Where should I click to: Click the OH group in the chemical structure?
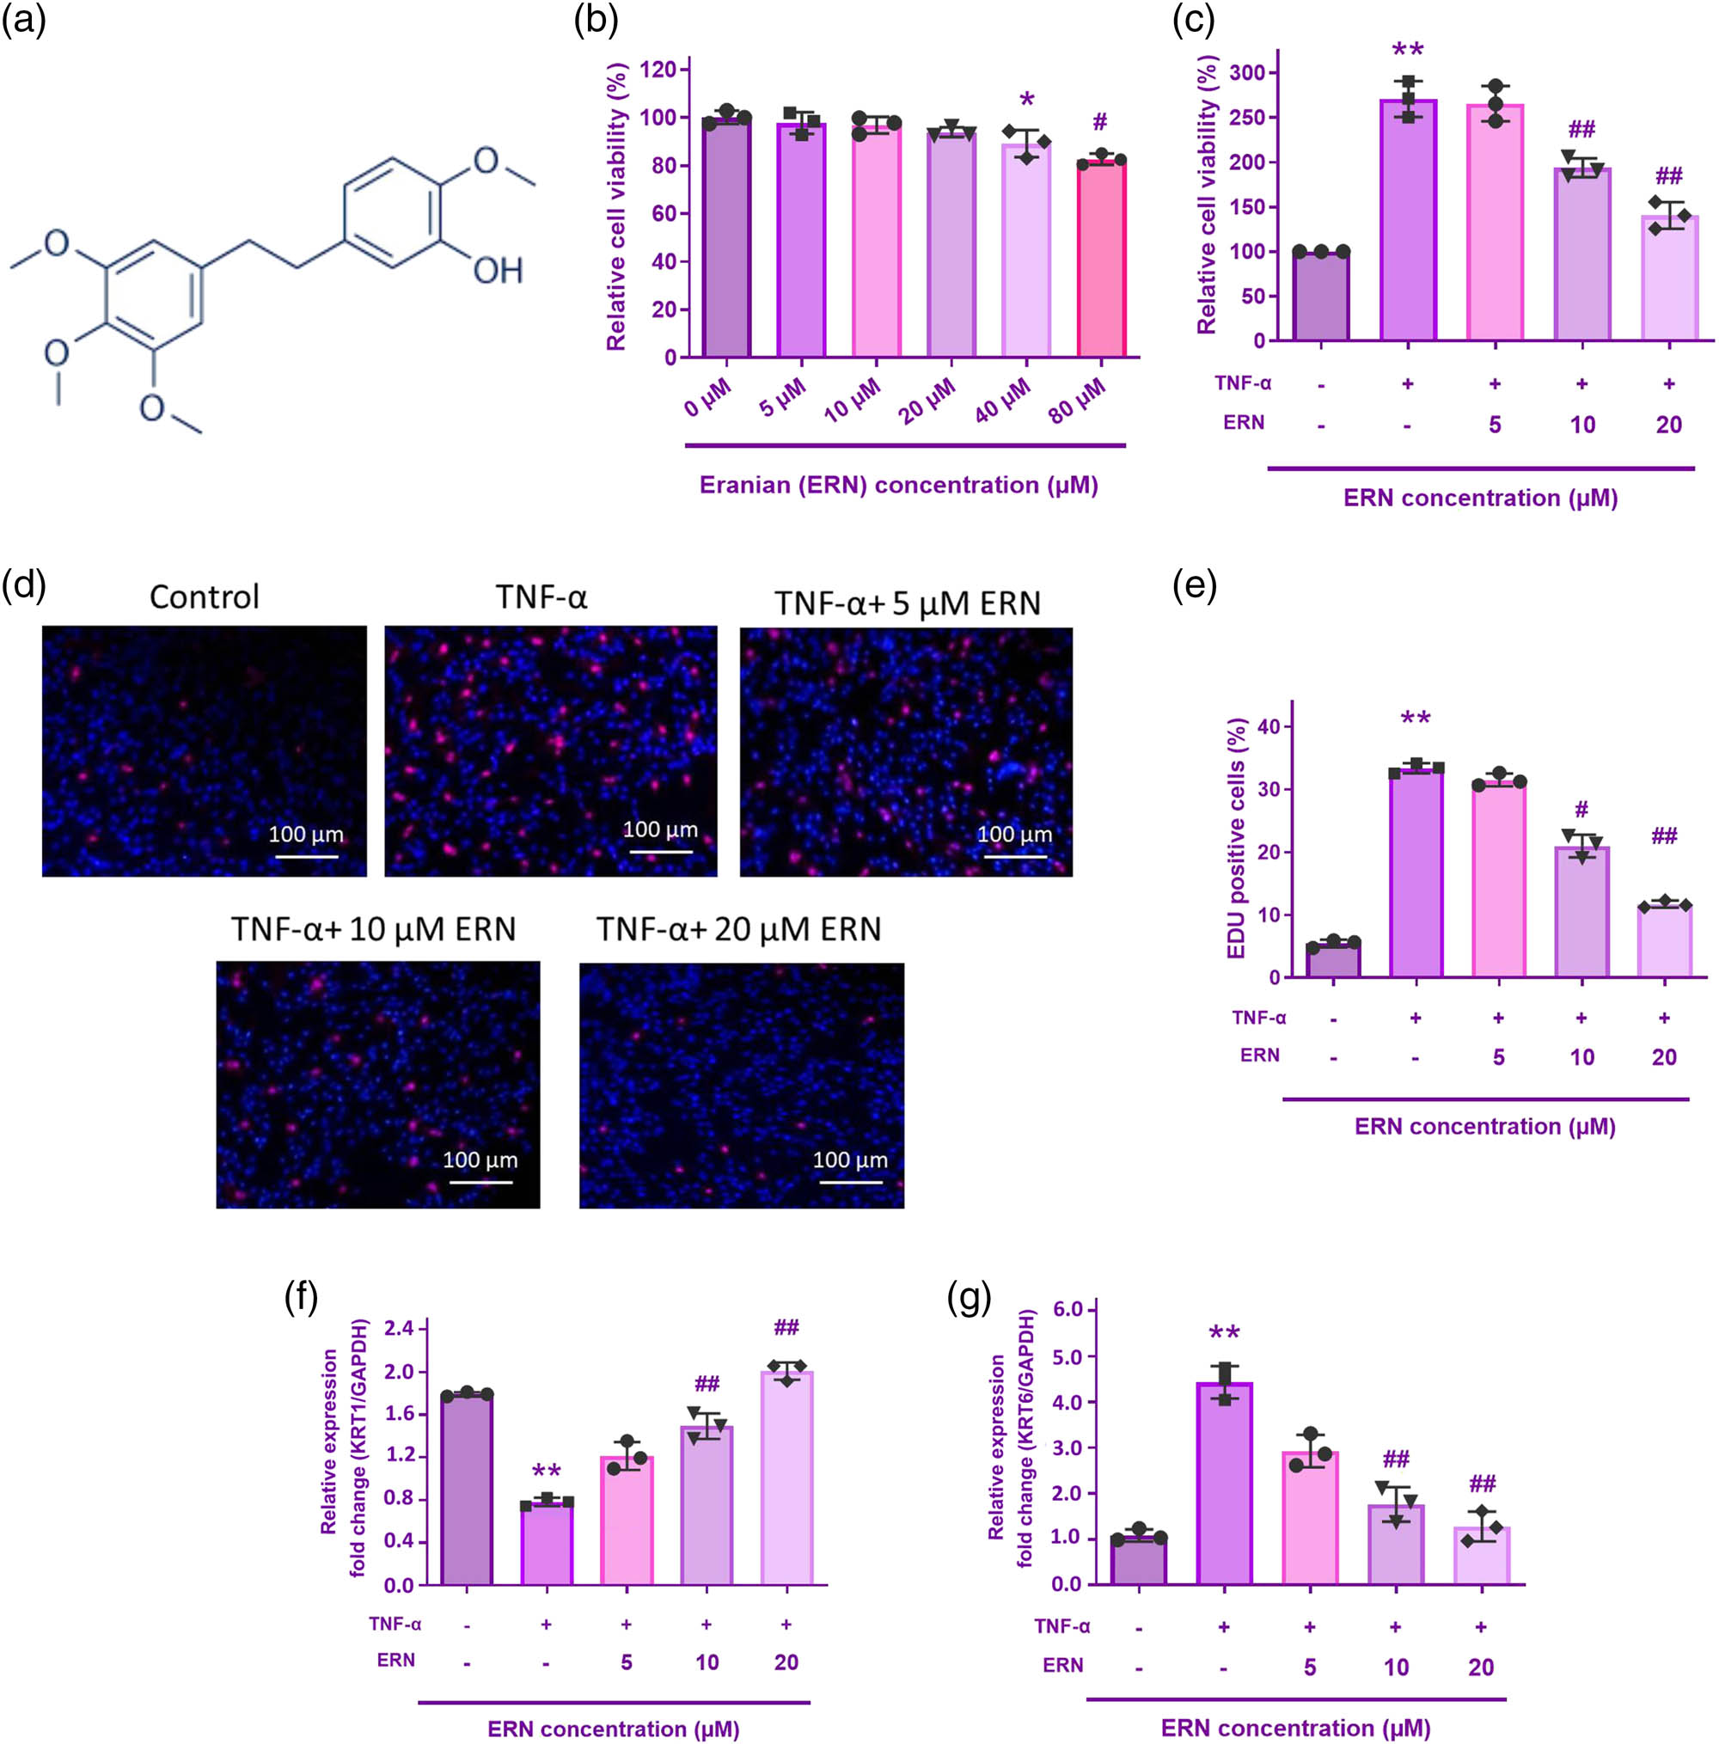coord(498,270)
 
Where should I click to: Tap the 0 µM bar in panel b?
coord(727,239)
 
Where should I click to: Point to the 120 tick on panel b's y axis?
coord(658,70)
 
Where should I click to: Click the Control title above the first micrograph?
coord(204,597)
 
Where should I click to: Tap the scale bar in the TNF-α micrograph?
coord(660,850)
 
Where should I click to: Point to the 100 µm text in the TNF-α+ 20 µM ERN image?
coord(849,1160)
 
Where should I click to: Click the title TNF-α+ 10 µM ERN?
coord(373,929)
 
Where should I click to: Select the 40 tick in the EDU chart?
coord(1273,726)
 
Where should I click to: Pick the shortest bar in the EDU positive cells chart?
coord(1333,960)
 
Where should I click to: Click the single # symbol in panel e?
coord(1581,810)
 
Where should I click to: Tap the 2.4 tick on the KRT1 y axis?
coord(398,1328)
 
